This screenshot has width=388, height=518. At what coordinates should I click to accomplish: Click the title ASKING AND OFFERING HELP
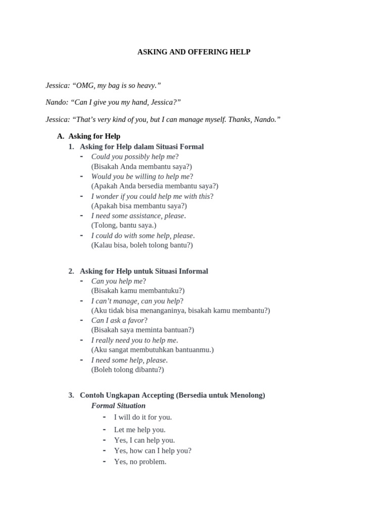194,52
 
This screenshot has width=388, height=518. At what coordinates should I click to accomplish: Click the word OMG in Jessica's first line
85,85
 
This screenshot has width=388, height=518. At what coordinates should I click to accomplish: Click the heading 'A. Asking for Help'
89,136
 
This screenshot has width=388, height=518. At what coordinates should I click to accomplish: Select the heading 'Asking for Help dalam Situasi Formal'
141,147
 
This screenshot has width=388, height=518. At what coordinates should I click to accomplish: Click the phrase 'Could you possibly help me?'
135,156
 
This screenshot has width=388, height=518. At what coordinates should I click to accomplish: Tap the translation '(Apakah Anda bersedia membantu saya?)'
155,186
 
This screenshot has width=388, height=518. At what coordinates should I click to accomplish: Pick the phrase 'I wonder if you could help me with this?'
152,196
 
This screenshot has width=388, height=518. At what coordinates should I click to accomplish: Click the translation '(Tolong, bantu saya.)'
124,225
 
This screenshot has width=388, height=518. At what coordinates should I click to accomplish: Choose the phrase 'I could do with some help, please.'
143,235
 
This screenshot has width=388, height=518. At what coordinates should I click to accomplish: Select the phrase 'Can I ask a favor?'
119,320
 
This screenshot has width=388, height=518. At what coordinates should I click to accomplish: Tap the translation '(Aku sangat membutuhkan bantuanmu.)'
153,350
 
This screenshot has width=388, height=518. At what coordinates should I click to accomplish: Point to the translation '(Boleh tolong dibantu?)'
127,369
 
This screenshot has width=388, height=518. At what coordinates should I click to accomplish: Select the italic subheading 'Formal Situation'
118,406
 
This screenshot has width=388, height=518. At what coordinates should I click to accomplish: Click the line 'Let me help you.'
140,429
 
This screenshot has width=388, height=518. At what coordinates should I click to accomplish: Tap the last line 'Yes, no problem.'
140,461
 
